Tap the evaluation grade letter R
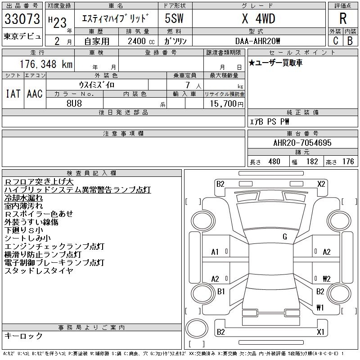click(x=342, y=18)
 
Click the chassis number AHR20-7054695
click(x=302, y=143)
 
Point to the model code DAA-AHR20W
click(x=258, y=41)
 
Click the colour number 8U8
click(x=74, y=103)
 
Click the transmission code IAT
click(x=13, y=94)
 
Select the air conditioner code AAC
click(x=35, y=94)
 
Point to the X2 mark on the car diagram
click(x=321, y=184)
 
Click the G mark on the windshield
click(x=284, y=236)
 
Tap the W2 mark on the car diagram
click(x=326, y=279)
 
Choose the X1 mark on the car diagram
click(x=321, y=332)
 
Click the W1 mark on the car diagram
click(x=320, y=308)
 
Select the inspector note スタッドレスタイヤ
click(x=39, y=271)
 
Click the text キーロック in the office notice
click(x=23, y=336)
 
